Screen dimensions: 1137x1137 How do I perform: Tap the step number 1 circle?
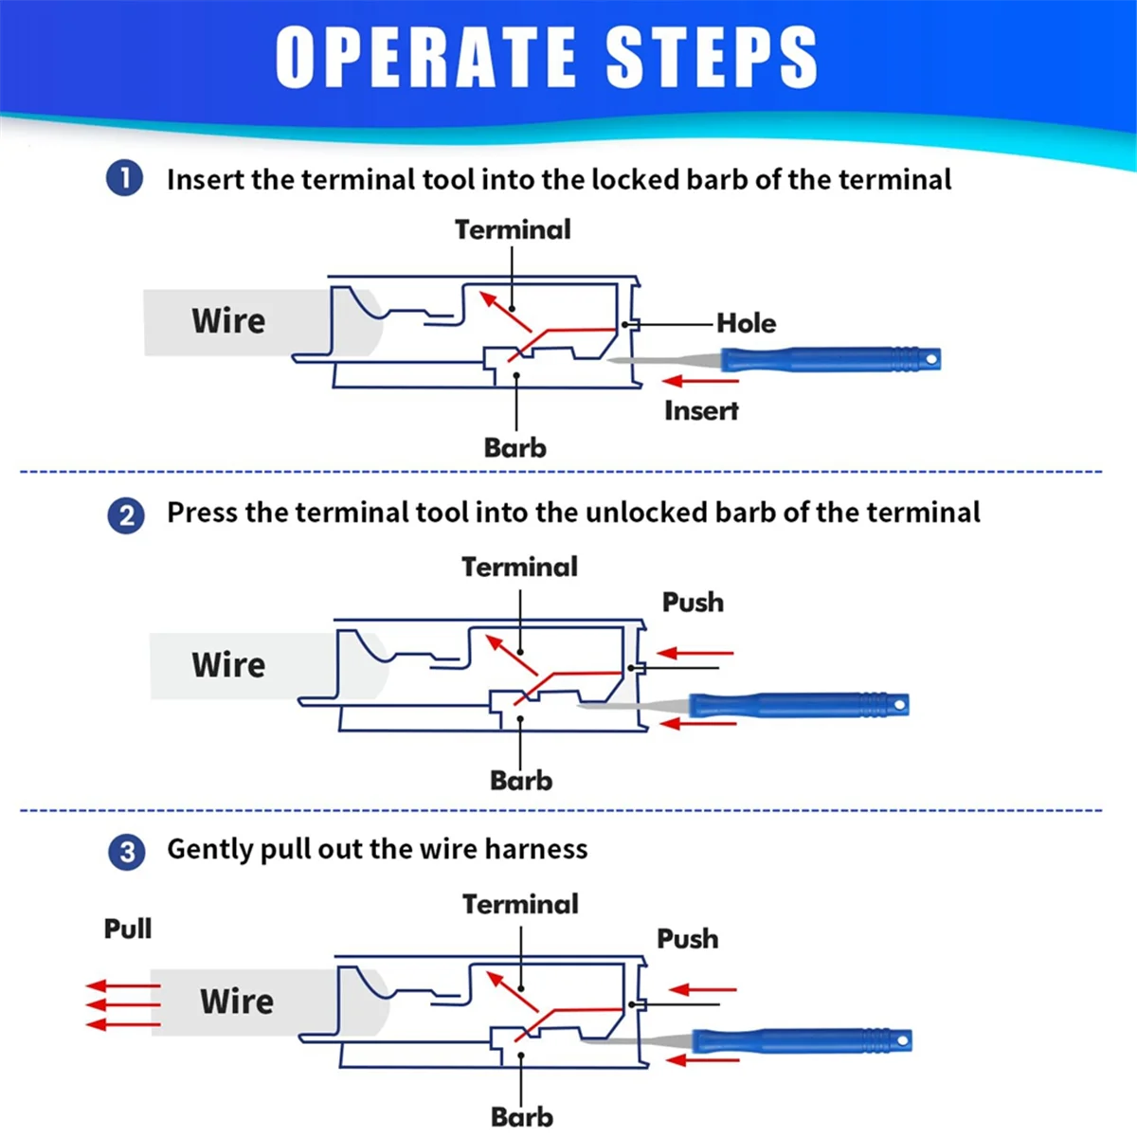(124, 178)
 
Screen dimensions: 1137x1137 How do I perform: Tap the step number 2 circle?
(126, 515)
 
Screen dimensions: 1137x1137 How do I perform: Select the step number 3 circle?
(127, 851)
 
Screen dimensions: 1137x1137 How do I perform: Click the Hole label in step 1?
(746, 323)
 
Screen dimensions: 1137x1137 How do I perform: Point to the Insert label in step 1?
(700, 410)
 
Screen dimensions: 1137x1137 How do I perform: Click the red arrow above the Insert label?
(700, 381)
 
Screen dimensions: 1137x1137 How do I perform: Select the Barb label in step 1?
(514, 447)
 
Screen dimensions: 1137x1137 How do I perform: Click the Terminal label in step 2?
(519, 567)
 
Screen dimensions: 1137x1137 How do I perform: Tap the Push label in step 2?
(693, 602)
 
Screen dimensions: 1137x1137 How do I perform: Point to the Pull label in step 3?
(128, 929)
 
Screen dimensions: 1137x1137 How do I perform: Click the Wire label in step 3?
(236, 1001)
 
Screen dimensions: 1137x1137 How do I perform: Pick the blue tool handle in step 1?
(829, 359)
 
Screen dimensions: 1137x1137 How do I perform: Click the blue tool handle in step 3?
(801, 1041)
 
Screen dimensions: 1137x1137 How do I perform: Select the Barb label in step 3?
(521, 1116)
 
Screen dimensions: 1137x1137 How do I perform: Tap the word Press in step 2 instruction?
(203, 513)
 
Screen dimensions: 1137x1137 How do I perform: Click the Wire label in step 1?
(228, 320)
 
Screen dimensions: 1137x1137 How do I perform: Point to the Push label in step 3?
(688, 938)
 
